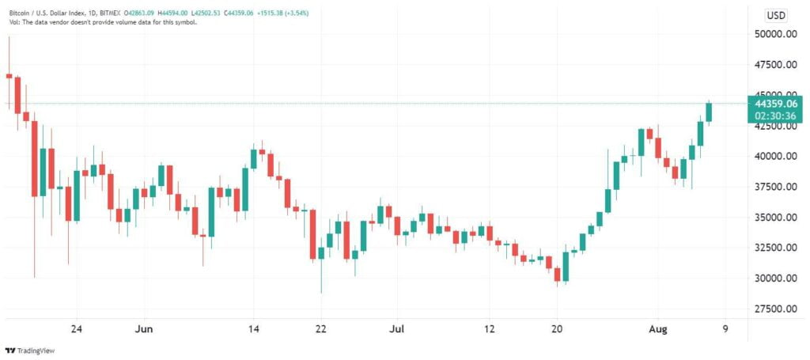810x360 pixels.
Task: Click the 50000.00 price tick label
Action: point(774,34)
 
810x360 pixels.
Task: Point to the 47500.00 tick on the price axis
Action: point(774,65)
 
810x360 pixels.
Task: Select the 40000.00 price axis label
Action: point(774,157)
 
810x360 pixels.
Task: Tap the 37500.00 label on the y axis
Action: point(774,187)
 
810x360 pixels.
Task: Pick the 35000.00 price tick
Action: point(774,218)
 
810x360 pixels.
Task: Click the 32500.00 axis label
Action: point(774,248)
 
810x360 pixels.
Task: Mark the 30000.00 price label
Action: point(774,279)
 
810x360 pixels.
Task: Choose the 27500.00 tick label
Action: point(774,309)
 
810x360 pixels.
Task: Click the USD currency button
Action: point(776,16)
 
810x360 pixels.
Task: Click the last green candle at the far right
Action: point(709,112)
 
